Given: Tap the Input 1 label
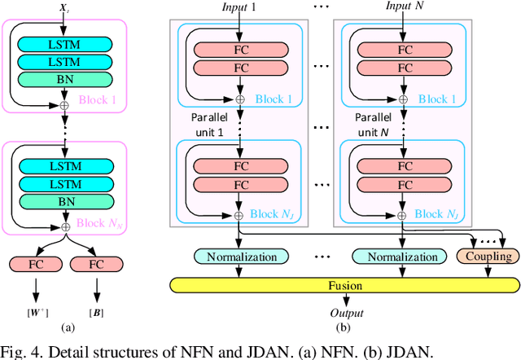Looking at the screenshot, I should pyautogui.click(x=239, y=7).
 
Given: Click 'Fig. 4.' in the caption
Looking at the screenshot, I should pyautogui.click(x=19, y=351).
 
